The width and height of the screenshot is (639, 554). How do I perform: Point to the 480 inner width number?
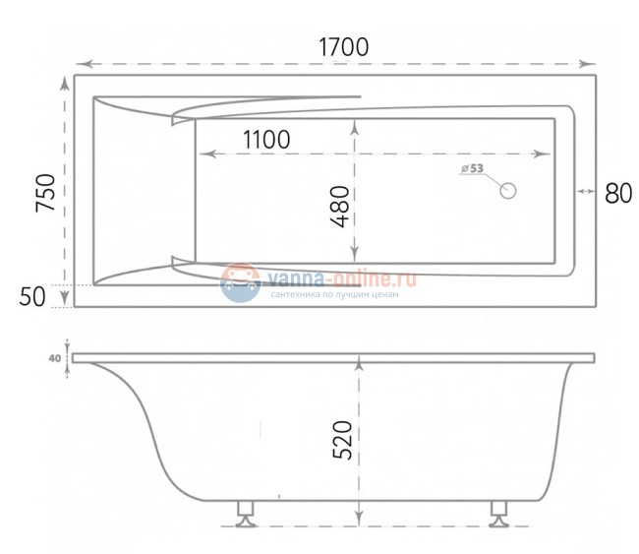pos(339,207)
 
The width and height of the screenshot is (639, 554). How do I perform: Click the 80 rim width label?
pos(617,192)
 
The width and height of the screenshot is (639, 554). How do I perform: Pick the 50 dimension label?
pos(33,296)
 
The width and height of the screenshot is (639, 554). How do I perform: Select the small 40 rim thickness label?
pos(53,359)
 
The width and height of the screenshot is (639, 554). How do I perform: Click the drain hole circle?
pos(508,191)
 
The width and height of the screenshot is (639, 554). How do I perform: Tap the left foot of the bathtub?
pos(245,513)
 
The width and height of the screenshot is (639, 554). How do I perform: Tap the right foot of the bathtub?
pos(500,513)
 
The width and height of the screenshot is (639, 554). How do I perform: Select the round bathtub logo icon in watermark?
pos(240,282)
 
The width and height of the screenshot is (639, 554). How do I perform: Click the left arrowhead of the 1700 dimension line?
pos(81,61)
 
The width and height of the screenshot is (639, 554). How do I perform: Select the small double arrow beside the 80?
pos(584,192)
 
